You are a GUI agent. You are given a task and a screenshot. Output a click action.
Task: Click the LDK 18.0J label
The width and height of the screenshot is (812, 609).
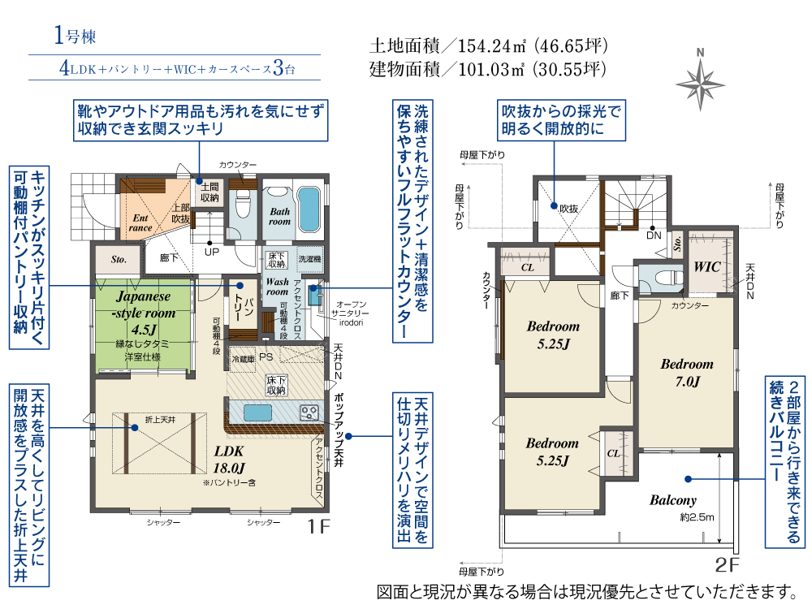(x=230, y=460)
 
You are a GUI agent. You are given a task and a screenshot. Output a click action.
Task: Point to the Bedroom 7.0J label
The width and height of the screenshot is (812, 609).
(x=687, y=372)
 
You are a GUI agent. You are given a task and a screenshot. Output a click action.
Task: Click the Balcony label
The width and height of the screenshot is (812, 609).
(x=672, y=500)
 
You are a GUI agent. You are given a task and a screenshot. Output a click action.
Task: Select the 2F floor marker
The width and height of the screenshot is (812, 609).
(x=727, y=564)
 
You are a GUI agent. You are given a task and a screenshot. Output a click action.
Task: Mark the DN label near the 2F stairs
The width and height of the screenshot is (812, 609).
(x=654, y=236)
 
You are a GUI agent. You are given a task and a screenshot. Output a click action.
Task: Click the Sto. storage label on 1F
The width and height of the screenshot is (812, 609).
(x=118, y=261)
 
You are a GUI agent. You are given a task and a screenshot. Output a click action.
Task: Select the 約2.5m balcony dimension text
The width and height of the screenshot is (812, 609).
(x=696, y=517)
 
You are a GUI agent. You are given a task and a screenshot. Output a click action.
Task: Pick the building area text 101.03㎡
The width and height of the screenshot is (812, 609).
(x=488, y=68)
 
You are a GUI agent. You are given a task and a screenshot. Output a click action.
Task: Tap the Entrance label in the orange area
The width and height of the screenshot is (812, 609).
(x=140, y=222)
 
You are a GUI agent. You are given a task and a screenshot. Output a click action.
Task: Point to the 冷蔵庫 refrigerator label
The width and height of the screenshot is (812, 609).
(x=244, y=358)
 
